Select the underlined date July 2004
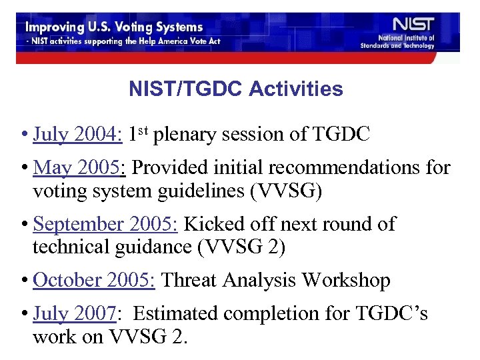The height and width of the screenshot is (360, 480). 77,135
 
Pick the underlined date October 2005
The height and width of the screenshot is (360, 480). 94,281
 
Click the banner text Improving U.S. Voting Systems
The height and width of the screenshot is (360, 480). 115,28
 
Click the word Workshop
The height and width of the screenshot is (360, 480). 346,281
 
